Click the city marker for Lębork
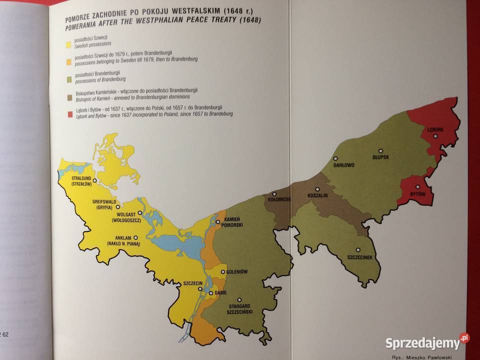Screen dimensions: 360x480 coord(435,136)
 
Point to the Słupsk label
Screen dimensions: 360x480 coord(380,157)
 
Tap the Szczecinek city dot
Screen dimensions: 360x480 coord(358,250)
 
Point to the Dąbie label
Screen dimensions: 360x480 coord(221,292)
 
